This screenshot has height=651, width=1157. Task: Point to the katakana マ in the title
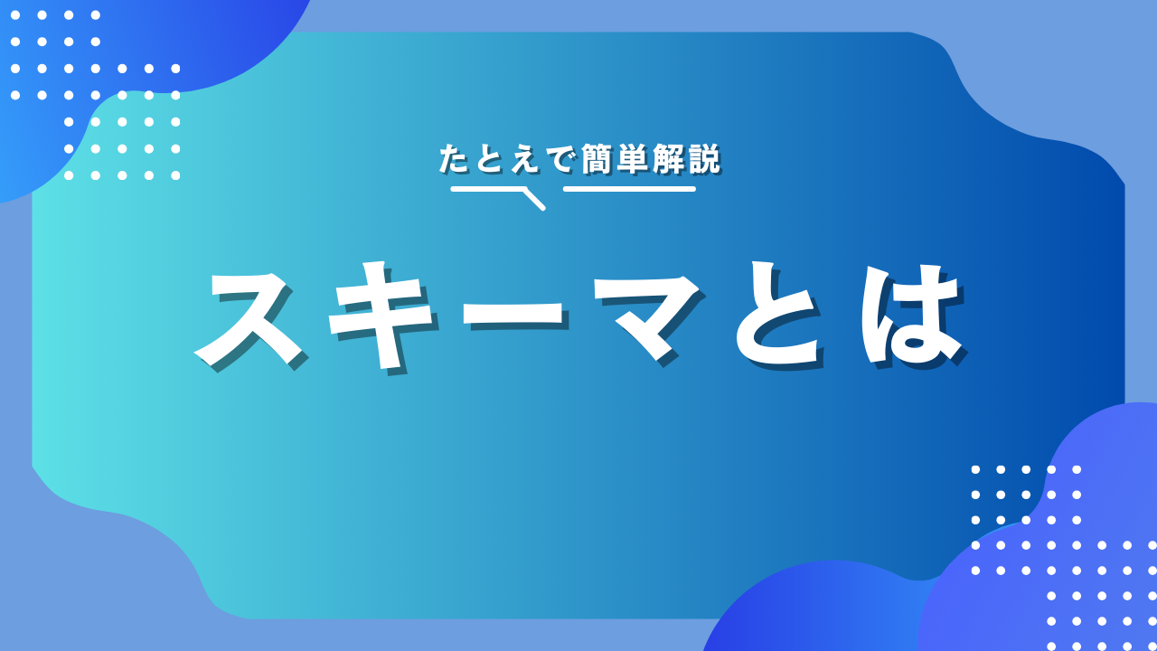point(648,316)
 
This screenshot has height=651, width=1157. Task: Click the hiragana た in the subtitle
point(454,158)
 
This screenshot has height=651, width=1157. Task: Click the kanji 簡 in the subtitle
point(597,158)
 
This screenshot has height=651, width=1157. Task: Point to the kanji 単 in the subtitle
point(632,158)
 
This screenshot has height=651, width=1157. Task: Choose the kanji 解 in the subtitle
point(668,158)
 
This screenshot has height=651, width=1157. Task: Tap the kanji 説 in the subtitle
point(703,158)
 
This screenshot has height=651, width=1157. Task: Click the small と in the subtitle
point(489,158)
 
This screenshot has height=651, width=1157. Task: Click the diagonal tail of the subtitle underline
point(533,200)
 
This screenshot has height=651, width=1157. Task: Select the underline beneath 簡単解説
point(629,189)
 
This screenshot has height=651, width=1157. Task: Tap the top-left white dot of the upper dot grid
point(15,15)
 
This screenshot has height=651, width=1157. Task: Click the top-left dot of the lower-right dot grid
point(975,469)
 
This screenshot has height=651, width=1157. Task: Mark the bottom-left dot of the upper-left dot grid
point(69,175)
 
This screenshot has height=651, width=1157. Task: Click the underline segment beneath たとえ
point(487,189)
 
